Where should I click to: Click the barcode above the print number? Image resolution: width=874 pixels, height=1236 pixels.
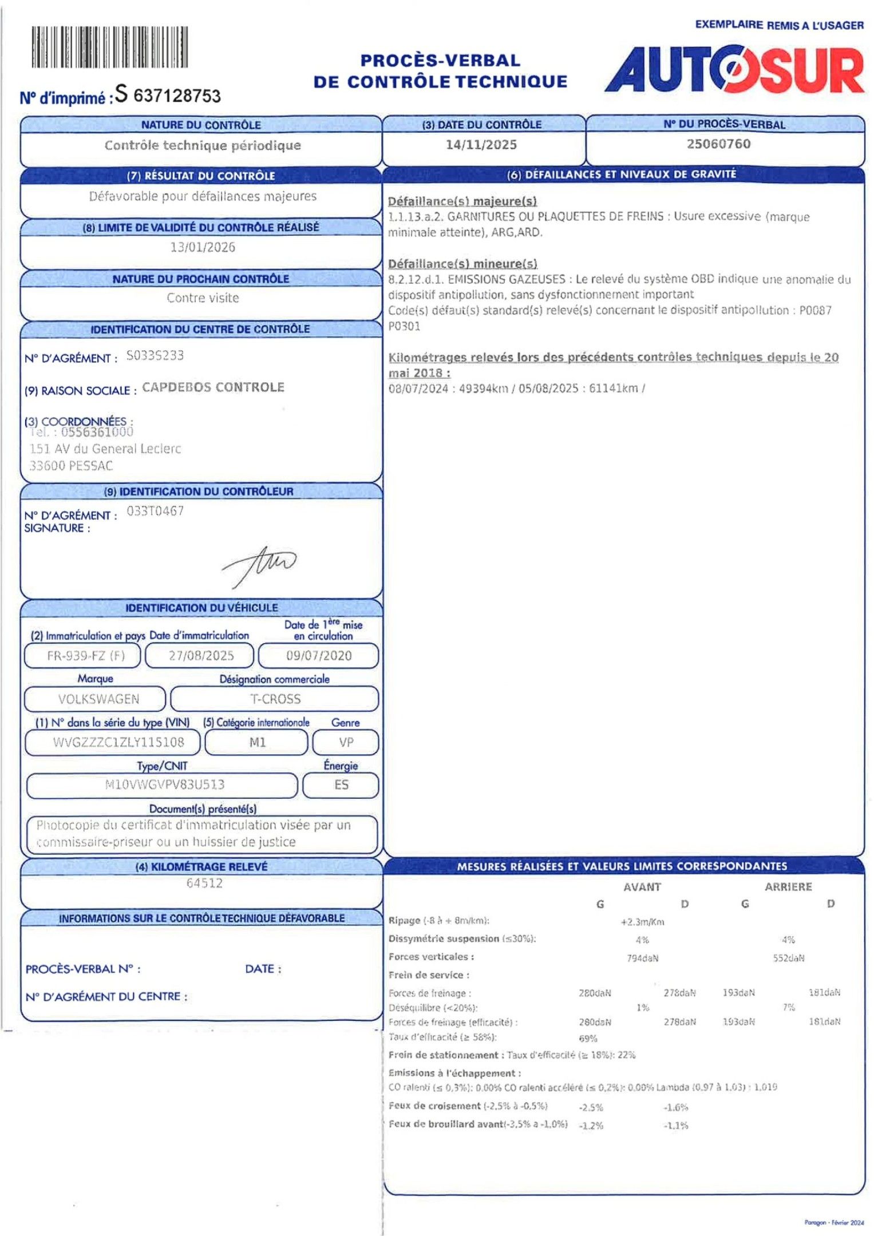click(x=109, y=47)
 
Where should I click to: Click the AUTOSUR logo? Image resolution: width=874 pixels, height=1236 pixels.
click(x=734, y=70)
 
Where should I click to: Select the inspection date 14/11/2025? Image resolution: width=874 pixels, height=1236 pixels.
click(x=481, y=145)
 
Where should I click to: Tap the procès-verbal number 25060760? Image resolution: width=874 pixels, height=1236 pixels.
click(x=718, y=144)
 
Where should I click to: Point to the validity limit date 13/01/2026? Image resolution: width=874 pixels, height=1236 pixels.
click(x=203, y=247)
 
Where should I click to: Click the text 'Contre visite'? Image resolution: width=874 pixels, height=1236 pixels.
click(x=203, y=298)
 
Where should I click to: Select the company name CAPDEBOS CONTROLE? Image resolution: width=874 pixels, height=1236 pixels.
click(x=213, y=387)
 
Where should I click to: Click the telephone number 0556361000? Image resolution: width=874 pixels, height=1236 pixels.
click(x=97, y=432)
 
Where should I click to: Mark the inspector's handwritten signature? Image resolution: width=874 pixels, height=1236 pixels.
click(x=260, y=564)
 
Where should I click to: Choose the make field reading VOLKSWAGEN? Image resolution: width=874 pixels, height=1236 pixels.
click(x=98, y=699)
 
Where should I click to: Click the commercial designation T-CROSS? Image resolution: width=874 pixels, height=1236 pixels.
click(x=275, y=699)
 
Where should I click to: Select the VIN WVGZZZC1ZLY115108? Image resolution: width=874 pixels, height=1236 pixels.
click(x=118, y=742)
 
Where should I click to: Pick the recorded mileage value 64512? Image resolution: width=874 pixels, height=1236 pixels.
click(x=204, y=883)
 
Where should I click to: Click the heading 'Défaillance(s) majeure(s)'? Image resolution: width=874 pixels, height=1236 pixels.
click(x=462, y=201)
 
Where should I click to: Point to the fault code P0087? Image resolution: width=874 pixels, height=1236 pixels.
click(x=815, y=310)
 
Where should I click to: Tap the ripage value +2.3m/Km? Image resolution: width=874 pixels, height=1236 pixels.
click(x=642, y=922)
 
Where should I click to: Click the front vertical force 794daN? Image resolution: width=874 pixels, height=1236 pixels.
click(x=642, y=958)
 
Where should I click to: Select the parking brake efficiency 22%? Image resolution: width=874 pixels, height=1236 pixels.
click(x=626, y=1055)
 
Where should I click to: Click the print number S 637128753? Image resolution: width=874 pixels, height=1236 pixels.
click(x=168, y=94)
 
